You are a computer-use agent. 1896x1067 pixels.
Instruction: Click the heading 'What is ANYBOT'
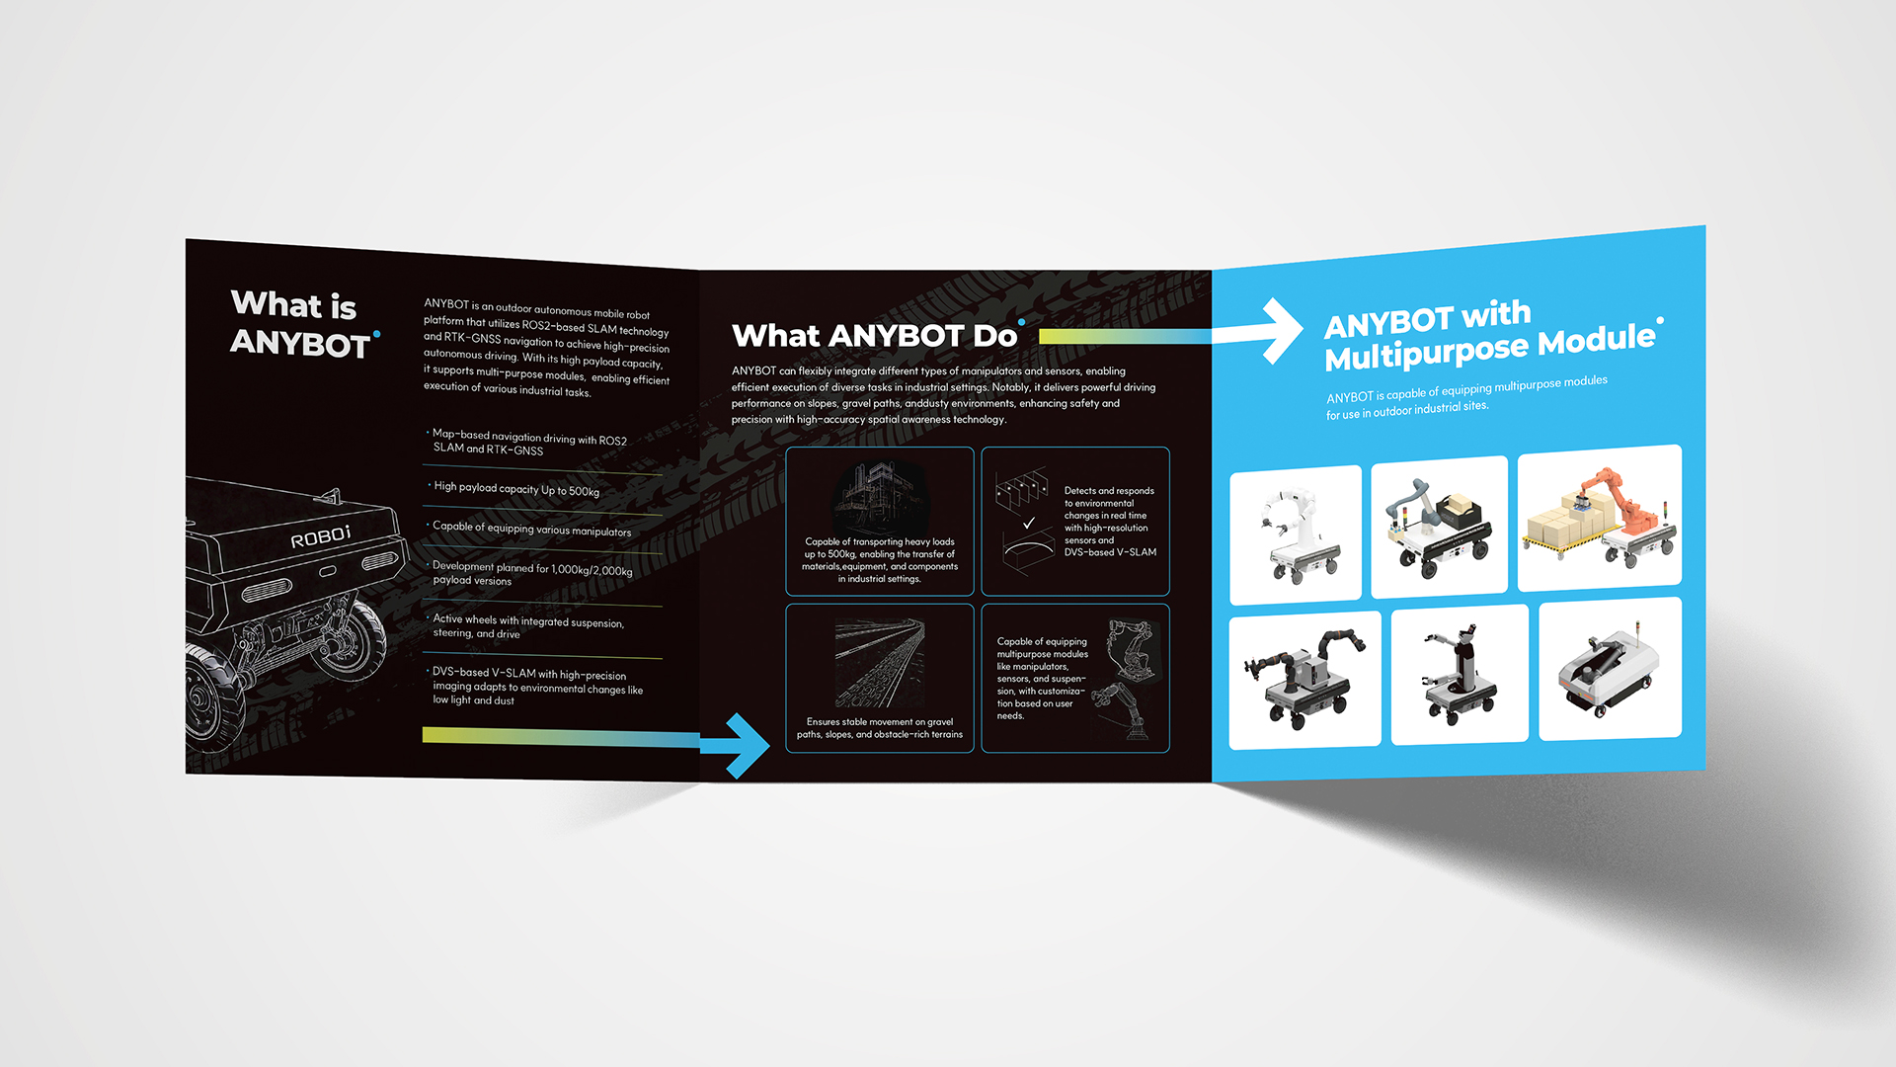[301, 323]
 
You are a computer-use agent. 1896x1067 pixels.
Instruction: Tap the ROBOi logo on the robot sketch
[320, 537]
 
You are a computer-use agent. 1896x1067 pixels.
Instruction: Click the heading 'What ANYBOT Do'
[876, 336]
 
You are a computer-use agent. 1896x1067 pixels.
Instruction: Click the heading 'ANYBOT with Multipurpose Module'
[1491, 336]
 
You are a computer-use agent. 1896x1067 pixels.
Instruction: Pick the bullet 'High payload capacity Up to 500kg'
[515, 489]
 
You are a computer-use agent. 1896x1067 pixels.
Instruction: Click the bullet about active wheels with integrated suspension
[527, 627]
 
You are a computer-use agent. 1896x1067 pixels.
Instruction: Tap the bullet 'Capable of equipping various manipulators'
[530, 529]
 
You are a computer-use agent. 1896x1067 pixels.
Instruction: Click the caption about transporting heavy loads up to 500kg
[880, 560]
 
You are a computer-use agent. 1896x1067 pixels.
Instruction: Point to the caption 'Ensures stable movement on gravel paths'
[880, 728]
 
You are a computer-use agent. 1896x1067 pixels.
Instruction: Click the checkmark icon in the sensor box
[1029, 523]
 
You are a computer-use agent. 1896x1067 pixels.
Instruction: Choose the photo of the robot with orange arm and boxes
[1600, 519]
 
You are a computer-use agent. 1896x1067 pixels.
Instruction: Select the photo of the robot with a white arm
[1296, 534]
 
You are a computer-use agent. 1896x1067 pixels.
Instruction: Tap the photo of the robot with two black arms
[1304, 680]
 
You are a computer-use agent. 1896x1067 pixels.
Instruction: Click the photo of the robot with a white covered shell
[1610, 669]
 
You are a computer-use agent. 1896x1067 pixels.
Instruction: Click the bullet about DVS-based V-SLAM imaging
[537, 686]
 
